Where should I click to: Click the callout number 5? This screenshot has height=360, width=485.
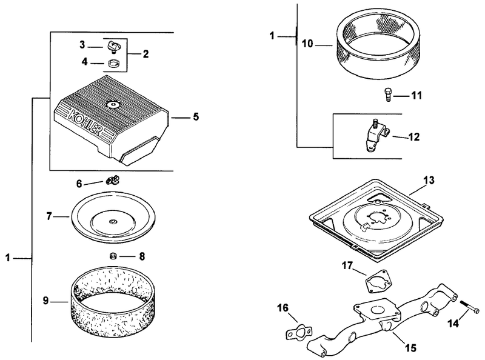point(196,117)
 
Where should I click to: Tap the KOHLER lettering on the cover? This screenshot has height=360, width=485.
point(84,123)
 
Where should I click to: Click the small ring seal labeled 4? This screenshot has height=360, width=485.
point(114,64)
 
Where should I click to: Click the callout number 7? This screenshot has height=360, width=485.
point(49,216)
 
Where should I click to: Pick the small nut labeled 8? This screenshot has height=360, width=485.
point(113,256)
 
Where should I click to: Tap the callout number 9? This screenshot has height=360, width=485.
point(45,301)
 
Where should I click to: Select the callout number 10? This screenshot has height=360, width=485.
point(307,44)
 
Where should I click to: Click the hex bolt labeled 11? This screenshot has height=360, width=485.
point(387,95)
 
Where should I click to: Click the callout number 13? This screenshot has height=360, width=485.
point(429,181)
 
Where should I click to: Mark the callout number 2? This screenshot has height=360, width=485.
point(145,54)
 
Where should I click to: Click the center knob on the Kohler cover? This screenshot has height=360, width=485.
point(113,104)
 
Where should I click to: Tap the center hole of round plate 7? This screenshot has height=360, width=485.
point(113,221)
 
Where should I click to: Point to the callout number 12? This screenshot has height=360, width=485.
point(414,137)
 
